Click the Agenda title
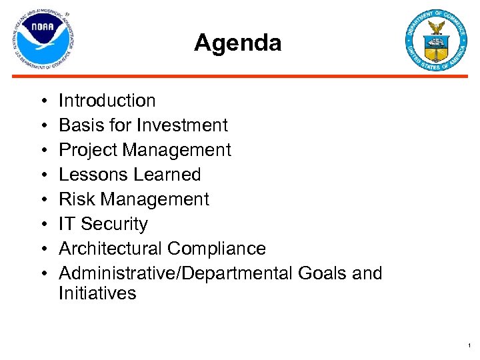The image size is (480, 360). (x=237, y=43)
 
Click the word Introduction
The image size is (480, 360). (x=107, y=101)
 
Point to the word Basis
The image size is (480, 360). (x=77, y=125)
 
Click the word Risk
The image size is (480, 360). (x=75, y=199)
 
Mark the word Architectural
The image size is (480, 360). (x=111, y=249)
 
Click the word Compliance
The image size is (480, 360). (x=217, y=249)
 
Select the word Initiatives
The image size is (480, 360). (x=97, y=293)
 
